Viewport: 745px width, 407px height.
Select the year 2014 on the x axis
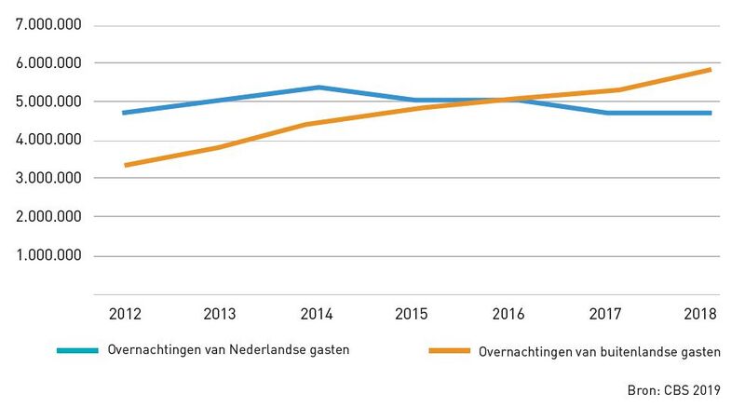pos(318,314)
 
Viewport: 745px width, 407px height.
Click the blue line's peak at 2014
pos(318,88)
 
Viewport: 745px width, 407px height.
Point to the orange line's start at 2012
pos(125,165)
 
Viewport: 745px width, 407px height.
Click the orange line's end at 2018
pos(711,69)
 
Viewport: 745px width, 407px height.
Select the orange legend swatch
pos(449,350)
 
